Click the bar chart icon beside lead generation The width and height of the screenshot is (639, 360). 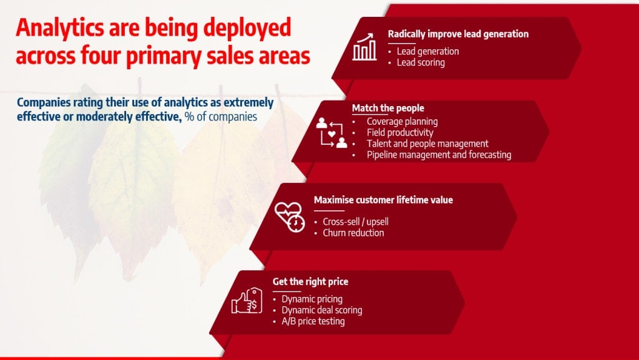pos(364,47)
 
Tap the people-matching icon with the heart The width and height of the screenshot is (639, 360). pos(332,132)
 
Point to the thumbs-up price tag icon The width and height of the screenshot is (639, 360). pos(247,301)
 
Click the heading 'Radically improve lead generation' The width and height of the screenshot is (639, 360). pos(458,34)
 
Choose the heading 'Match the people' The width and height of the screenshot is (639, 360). pos(388,109)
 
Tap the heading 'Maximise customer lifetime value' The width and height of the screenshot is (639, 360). pos(384,200)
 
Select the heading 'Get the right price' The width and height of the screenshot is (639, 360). pos(311,282)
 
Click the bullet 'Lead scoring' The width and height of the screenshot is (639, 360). pos(421,63)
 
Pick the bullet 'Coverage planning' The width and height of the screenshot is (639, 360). pos(402,122)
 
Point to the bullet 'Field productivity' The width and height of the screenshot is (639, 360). pos(400,133)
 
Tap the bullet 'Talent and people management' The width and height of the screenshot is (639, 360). pos(427,144)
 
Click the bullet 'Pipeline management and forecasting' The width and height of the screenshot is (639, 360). pos(439,155)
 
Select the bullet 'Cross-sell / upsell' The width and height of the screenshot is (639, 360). pos(356,222)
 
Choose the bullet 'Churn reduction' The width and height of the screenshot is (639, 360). pos(353,233)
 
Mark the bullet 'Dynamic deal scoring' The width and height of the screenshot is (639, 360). pos(322,310)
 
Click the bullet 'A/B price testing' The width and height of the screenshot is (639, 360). pos(313,321)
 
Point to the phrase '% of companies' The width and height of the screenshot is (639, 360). pos(221,117)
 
